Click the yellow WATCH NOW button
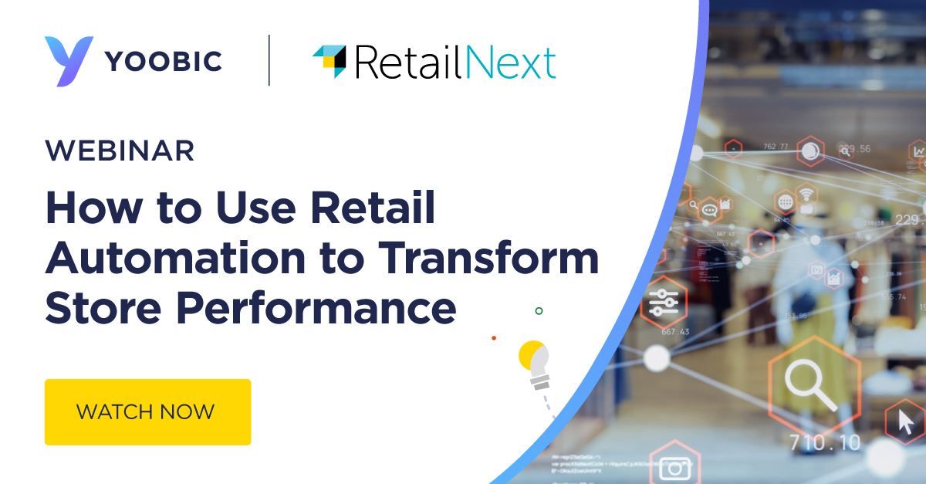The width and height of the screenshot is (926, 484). point(147,411)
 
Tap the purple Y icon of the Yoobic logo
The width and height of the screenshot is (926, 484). point(68,61)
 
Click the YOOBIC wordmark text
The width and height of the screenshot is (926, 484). point(164,61)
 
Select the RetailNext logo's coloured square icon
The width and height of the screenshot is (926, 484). point(329,60)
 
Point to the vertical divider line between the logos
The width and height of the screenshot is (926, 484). point(269,60)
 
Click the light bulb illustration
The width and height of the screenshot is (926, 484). point(536,364)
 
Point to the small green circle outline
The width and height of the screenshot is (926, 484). point(539,311)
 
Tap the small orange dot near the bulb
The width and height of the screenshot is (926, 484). point(494,337)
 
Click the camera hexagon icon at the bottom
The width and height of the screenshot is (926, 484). point(675,466)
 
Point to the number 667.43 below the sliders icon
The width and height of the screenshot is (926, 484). point(675,332)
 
